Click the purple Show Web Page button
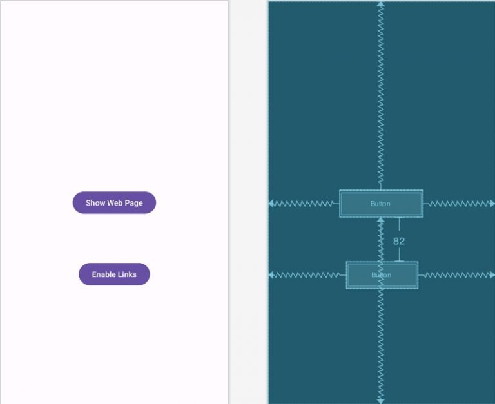(x=114, y=202)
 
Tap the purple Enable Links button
(x=114, y=274)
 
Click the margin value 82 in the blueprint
(x=399, y=242)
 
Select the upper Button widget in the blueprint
(x=382, y=204)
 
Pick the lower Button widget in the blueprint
(x=382, y=275)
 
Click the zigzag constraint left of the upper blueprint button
(x=304, y=204)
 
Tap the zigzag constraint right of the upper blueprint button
(x=459, y=204)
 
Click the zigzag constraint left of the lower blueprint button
(x=308, y=275)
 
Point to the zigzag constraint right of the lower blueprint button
(x=456, y=275)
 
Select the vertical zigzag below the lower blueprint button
(x=381, y=346)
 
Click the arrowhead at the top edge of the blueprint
(x=381, y=4)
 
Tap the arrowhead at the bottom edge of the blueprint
(x=381, y=401)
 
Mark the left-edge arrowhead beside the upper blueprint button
(x=271, y=204)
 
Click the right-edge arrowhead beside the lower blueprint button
(x=492, y=275)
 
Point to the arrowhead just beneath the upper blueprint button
(x=381, y=220)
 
